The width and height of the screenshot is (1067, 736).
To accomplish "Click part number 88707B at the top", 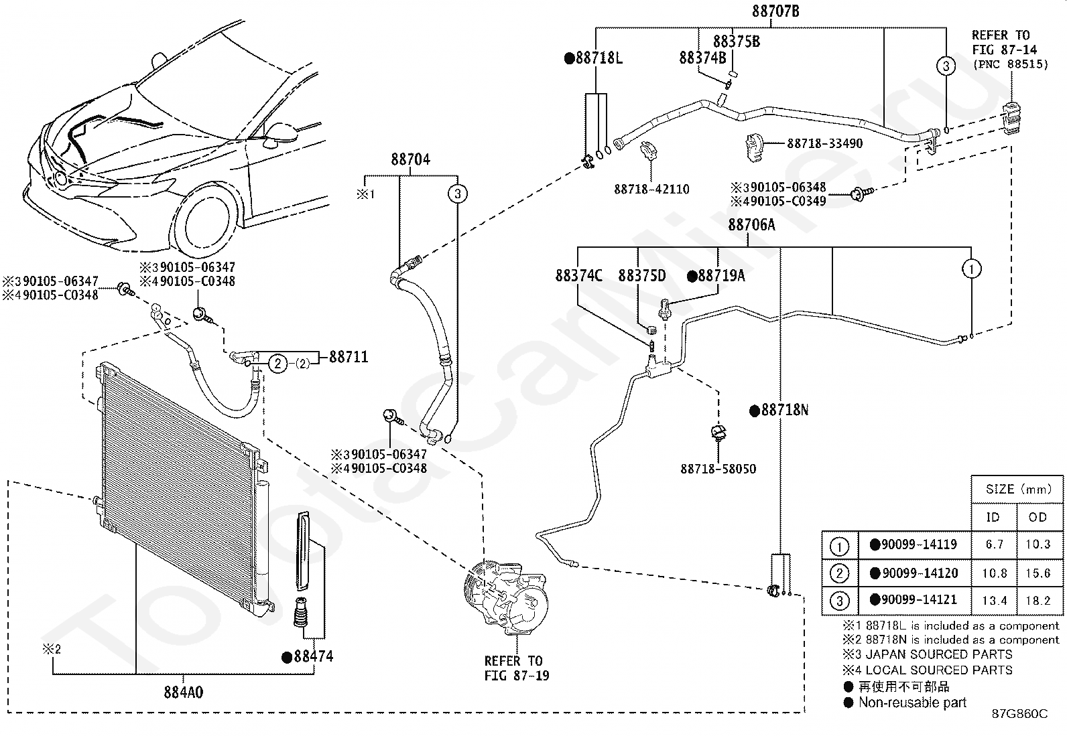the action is click(x=775, y=11).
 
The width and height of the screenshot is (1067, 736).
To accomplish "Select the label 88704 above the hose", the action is click(x=411, y=159).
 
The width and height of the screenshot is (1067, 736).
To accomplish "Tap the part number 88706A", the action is click(x=752, y=225).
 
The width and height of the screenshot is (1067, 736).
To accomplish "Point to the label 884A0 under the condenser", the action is click(x=184, y=692).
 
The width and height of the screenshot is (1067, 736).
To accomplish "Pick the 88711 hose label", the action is click(x=349, y=356).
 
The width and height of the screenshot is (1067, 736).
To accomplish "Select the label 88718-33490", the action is click(x=825, y=143).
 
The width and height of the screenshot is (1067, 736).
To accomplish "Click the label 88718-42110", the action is click(x=651, y=189).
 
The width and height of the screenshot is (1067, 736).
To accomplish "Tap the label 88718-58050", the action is click(x=718, y=469).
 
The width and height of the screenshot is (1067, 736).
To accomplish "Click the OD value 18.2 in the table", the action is click(x=1038, y=600).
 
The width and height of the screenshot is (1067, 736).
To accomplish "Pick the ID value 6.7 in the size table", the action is click(x=994, y=544).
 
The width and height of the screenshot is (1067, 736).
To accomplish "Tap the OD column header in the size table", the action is click(x=1038, y=517).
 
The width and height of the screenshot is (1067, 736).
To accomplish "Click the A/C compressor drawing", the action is click(x=505, y=597).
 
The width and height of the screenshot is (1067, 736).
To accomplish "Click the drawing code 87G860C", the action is click(x=1020, y=714).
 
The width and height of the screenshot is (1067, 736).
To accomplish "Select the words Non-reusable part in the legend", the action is click(x=912, y=703).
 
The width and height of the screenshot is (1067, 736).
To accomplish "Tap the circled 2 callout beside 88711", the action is click(x=277, y=364).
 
